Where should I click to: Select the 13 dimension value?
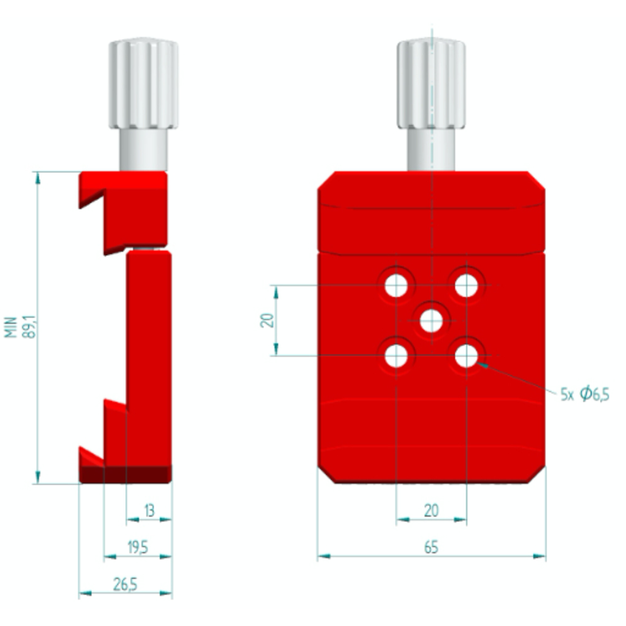click(x=149, y=511)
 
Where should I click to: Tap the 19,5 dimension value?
click(x=138, y=547)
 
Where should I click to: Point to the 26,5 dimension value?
click(x=125, y=584)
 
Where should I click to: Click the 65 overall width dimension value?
click(x=431, y=547)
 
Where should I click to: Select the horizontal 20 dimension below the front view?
click(x=431, y=511)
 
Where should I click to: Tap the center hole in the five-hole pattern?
click(x=431, y=321)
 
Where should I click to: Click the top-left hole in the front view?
click(x=396, y=285)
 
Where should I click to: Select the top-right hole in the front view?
click(x=466, y=285)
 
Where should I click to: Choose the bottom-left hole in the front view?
click(x=396, y=356)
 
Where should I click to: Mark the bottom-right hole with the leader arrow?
click(x=466, y=356)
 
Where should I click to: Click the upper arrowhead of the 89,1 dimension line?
click(x=38, y=178)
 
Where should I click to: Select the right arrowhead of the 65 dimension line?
click(x=539, y=556)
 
